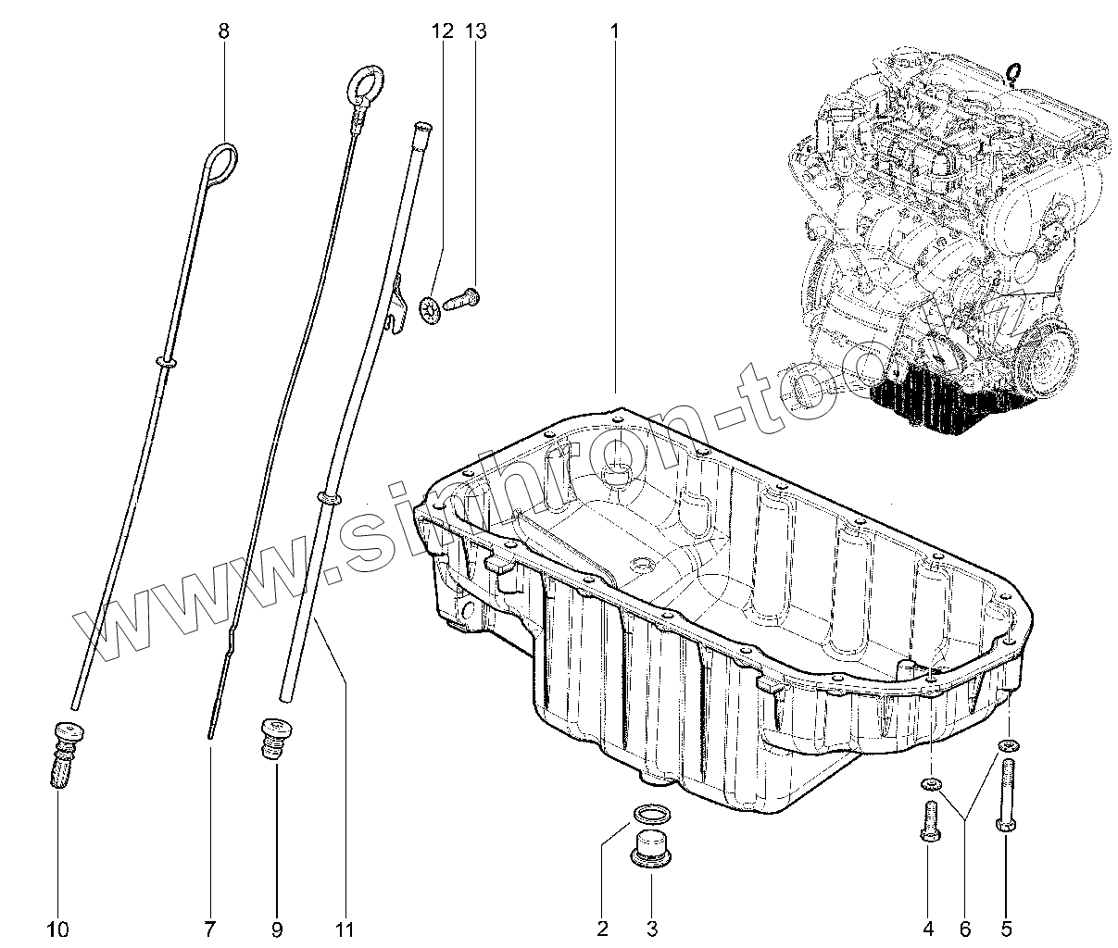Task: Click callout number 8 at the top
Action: point(223,31)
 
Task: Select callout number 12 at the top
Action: point(443,31)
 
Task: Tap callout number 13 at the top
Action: point(475,31)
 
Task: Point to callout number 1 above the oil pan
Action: point(614,31)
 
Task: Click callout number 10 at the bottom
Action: point(57,929)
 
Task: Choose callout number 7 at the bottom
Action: point(209,929)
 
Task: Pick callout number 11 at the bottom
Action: point(345,929)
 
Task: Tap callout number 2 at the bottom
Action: point(602,929)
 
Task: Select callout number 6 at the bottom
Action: point(964,929)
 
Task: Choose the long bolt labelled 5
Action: point(1007,796)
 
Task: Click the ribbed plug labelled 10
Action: point(63,755)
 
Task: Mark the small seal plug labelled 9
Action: point(271,738)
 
